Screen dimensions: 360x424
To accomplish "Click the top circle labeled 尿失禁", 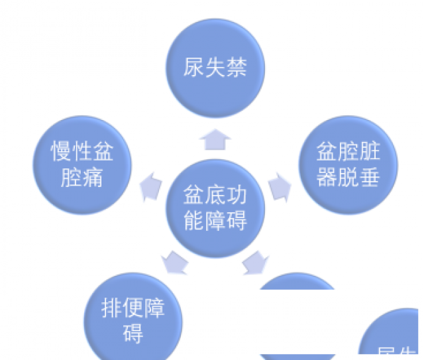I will (x=215, y=68).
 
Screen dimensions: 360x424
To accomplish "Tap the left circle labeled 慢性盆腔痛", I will (x=82, y=165).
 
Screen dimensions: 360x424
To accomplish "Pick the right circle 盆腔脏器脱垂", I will (x=348, y=164).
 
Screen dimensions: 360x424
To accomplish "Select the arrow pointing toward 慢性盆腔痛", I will (x=152, y=186).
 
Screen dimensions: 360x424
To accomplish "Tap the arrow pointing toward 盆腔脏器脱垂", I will (x=280, y=186).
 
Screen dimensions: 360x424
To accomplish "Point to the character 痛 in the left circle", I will (x=93, y=177).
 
